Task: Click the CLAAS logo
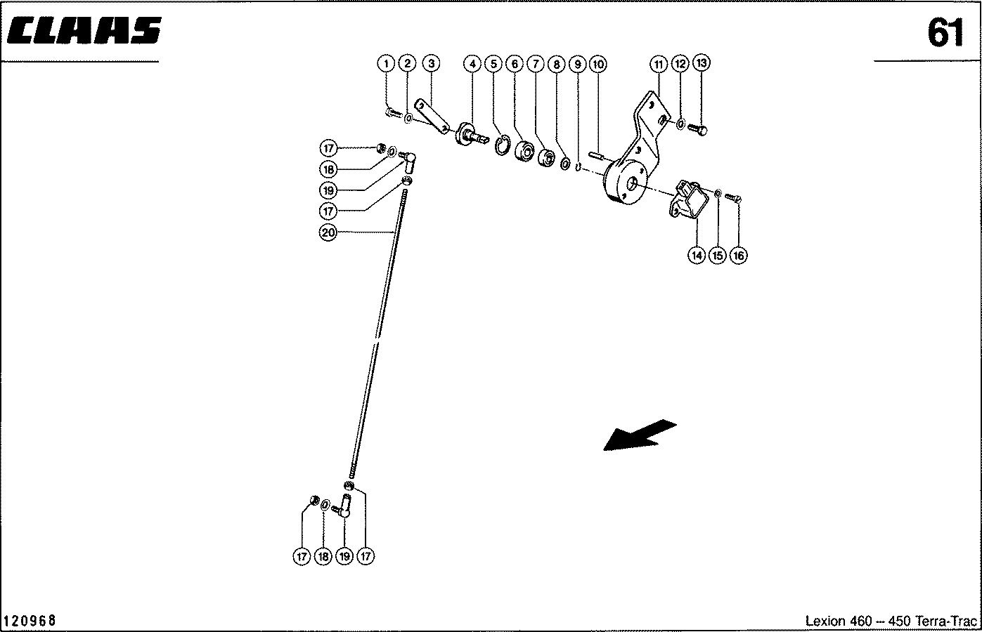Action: (x=84, y=31)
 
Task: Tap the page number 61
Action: (x=945, y=33)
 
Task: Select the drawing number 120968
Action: (x=30, y=621)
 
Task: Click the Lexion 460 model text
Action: (x=838, y=621)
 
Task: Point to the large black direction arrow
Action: (x=640, y=435)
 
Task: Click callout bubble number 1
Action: (x=386, y=64)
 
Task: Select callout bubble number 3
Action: (x=431, y=63)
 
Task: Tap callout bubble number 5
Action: (x=493, y=64)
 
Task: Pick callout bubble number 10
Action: (x=598, y=65)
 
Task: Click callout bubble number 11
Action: (x=659, y=65)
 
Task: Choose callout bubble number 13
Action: (x=702, y=63)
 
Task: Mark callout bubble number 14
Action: (x=697, y=256)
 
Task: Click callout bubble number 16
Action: (x=739, y=256)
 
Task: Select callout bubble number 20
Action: (x=328, y=232)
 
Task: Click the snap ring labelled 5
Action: (x=503, y=145)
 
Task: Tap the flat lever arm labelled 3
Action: (x=432, y=116)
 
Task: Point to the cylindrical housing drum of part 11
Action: (x=625, y=182)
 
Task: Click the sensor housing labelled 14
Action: (x=688, y=199)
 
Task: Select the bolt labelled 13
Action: (x=697, y=129)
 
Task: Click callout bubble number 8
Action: (x=556, y=65)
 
